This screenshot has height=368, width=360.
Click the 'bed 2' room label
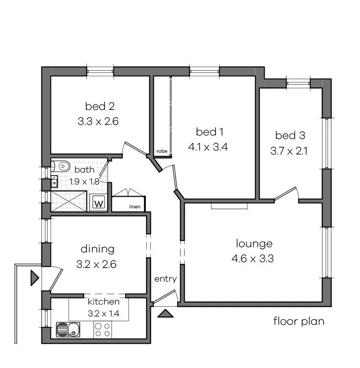click(x=99, y=106)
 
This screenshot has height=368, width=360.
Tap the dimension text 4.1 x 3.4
click(x=209, y=147)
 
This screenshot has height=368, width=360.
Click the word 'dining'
click(x=97, y=249)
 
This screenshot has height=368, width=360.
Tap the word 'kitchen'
click(x=103, y=301)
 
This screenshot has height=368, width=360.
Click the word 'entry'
click(x=165, y=279)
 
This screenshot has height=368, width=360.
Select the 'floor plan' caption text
click(x=298, y=322)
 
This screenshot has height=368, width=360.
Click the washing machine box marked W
click(x=98, y=203)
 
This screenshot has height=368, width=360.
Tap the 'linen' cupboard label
click(x=135, y=207)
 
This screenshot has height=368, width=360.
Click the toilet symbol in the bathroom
click(x=62, y=166)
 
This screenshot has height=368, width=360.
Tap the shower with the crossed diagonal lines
click(x=68, y=201)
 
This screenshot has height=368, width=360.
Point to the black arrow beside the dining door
click(x=35, y=277)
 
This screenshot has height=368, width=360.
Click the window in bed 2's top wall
click(x=100, y=71)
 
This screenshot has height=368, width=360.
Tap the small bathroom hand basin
click(x=55, y=182)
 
